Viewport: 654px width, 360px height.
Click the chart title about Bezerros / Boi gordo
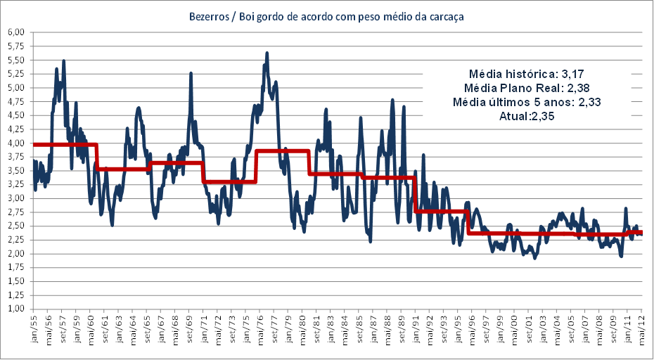(326, 15)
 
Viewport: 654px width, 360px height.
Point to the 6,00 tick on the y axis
(15, 32)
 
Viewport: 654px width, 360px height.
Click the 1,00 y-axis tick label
(15, 309)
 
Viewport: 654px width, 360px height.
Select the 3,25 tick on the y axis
(15, 184)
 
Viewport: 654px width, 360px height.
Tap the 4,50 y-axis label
(15, 115)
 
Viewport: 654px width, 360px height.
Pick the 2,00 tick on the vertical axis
(15, 254)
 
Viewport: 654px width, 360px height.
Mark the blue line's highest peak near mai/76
(267, 53)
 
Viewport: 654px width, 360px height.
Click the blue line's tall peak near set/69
(191, 73)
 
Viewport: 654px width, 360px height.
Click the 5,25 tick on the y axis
(15, 74)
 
